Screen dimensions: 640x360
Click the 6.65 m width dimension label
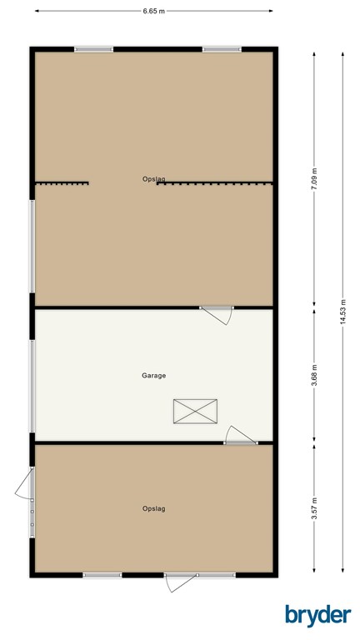coord(153,11)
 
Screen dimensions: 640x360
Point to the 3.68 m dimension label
coord(314,375)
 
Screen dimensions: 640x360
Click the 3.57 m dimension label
coord(314,507)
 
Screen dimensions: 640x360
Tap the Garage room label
coord(153,375)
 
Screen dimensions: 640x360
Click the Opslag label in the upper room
coord(153,178)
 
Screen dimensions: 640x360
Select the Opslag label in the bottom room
coord(153,508)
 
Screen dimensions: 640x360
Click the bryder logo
coord(317,615)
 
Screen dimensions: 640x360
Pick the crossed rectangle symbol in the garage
coord(194,411)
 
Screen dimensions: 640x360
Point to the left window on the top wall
coord(93,49)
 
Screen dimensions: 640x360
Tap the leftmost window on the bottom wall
coord(102,574)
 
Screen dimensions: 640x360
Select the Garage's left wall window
coord(32,375)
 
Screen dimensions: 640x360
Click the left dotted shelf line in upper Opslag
coord(62,183)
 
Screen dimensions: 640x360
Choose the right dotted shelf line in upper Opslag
coord(214,183)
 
